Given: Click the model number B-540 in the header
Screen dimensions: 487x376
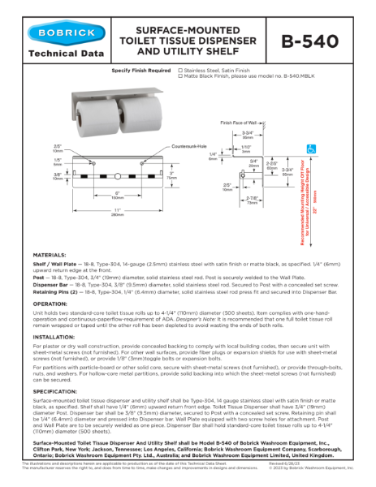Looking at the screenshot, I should click(x=322, y=41).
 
